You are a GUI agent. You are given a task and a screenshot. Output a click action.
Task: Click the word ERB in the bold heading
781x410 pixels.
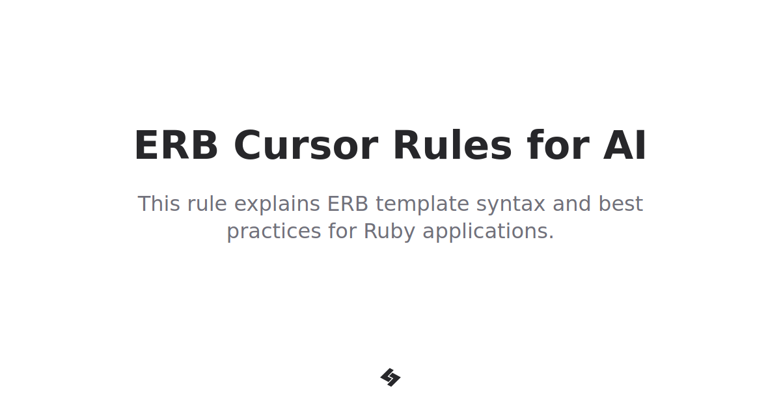pyautogui.click(x=176, y=145)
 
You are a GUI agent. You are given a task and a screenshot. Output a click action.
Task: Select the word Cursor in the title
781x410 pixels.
pyautogui.click(x=306, y=145)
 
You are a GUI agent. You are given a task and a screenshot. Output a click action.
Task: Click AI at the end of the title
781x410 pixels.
pyautogui.click(x=625, y=145)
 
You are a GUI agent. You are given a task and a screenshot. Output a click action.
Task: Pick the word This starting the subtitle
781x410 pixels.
pyautogui.click(x=159, y=204)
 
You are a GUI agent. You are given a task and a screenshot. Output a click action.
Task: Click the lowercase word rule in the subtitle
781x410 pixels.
pyautogui.click(x=207, y=204)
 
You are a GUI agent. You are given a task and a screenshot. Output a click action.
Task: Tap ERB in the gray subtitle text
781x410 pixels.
pyautogui.click(x=348, y=204)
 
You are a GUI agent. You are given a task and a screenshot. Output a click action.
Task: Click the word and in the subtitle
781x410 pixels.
pyautogui.click(x=572, y=204)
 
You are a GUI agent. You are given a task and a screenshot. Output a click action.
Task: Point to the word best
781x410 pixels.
pyautogui.click(x=621, y=204)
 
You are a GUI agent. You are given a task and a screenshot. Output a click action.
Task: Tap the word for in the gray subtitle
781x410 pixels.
pyautogui.click(x=343, y=231)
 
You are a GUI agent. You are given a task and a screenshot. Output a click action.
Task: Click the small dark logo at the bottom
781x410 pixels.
pyautogui.click(x=390, y=377)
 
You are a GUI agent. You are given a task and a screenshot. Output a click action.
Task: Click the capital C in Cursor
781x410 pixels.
pyautogui.click(x=248, y=145)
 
